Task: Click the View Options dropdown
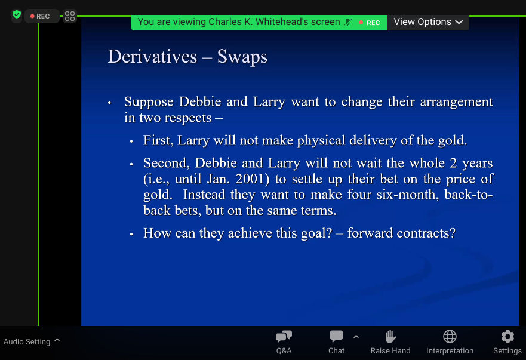(428, 22)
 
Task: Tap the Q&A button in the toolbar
(284, 342)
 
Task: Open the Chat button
(336, 342)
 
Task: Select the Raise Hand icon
(390, 337)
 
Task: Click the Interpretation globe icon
(450, 337)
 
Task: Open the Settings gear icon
(507, 337)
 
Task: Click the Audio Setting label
(27, 342)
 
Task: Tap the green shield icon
(17, 15)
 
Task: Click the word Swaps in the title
(242, 57)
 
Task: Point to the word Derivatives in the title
(152, 56)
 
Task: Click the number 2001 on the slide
(253, 179)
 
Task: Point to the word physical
(321, 141)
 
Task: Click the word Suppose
(149, 102)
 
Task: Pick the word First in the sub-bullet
(158, 140)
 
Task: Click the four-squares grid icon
(70, 16)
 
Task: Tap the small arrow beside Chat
(356, 337)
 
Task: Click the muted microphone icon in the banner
(348, 23)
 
